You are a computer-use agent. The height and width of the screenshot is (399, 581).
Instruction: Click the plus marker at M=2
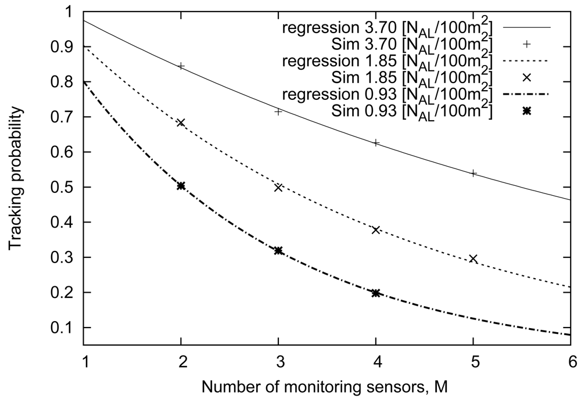[x=181, y=66]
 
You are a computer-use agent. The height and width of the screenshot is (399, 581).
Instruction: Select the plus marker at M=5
[x=474, y=173]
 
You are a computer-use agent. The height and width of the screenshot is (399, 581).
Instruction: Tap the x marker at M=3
[x=278, y=187]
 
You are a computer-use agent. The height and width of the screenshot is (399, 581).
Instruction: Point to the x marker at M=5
[x=474, y=258]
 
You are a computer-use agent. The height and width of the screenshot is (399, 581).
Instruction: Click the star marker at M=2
[x=181, y=186]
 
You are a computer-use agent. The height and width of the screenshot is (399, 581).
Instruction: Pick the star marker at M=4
[x=376, y=293]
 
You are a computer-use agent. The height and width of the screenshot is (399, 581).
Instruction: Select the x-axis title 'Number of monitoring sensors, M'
[x=328, y=385]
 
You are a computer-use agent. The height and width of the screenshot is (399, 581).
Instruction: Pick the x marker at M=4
[x=376, y=230]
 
